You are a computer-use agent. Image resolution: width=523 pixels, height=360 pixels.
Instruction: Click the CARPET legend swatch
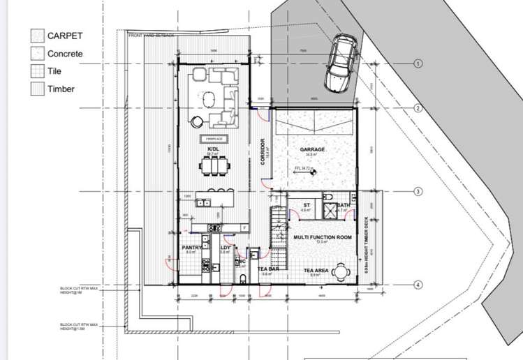(37, 36)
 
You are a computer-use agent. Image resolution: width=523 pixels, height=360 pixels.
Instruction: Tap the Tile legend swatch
(37, 70)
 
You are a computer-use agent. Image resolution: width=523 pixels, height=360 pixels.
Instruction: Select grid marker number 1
(418, 63)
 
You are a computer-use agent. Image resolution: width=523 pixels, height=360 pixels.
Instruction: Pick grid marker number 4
(418, 285)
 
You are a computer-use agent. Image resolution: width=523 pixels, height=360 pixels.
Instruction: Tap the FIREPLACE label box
(214, 140)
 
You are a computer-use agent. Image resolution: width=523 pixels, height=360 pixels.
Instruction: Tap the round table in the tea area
(340, 270)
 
